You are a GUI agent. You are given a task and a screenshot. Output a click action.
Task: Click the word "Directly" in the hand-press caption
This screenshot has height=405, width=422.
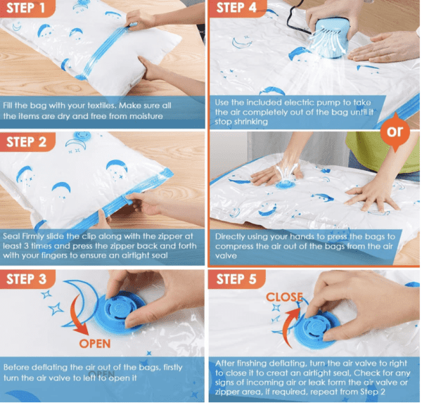pyautogui.click(x=233, y=237)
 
